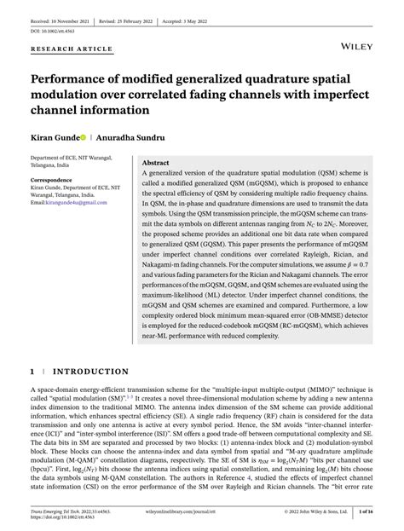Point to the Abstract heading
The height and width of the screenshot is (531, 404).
pyautogui.click(x=155, y=162)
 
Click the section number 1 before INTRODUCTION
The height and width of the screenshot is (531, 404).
pyautogui.click(x=32, y=372)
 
